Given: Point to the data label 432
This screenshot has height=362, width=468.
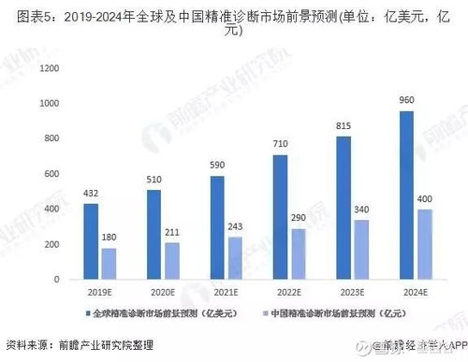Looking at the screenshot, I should click(x=91, y=194).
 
